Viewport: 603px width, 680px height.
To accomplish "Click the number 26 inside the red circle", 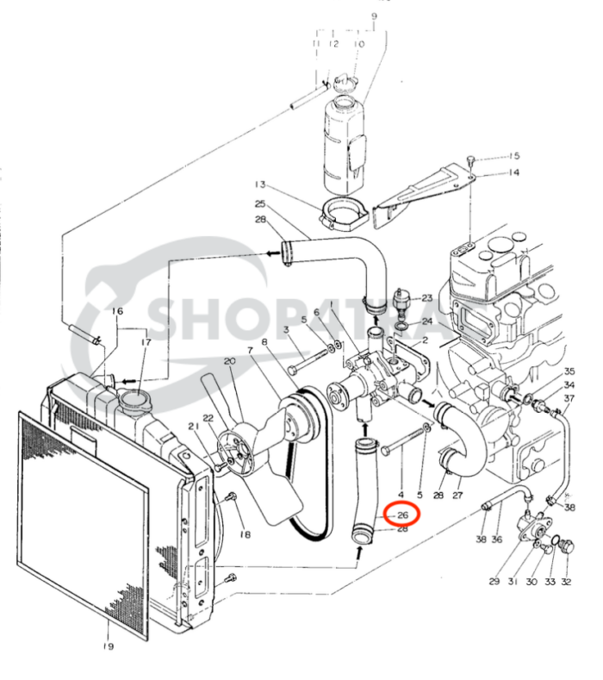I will tap(401, 515).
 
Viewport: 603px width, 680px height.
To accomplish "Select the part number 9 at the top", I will tap(374, 16).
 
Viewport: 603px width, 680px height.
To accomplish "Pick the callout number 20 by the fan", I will tap(228, 362).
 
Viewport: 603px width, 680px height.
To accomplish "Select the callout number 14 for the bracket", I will tap(513, 173).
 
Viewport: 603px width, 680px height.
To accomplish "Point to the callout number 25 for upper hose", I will tap(260, 204).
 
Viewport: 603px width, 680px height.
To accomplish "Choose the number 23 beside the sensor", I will tap(426, 297).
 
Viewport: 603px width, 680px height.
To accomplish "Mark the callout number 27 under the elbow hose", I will tap(458, 496).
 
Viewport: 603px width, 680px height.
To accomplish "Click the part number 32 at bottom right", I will tap(566, 583).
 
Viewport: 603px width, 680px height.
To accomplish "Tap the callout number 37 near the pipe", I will tap(569, 397).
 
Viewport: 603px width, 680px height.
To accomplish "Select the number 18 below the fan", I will tap(245, 535).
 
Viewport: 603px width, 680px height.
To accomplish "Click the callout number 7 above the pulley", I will tap(250, 351).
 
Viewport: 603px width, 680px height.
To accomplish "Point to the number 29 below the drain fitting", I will tap(494, 583).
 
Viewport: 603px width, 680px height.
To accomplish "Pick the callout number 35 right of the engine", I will tap(569, 371).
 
